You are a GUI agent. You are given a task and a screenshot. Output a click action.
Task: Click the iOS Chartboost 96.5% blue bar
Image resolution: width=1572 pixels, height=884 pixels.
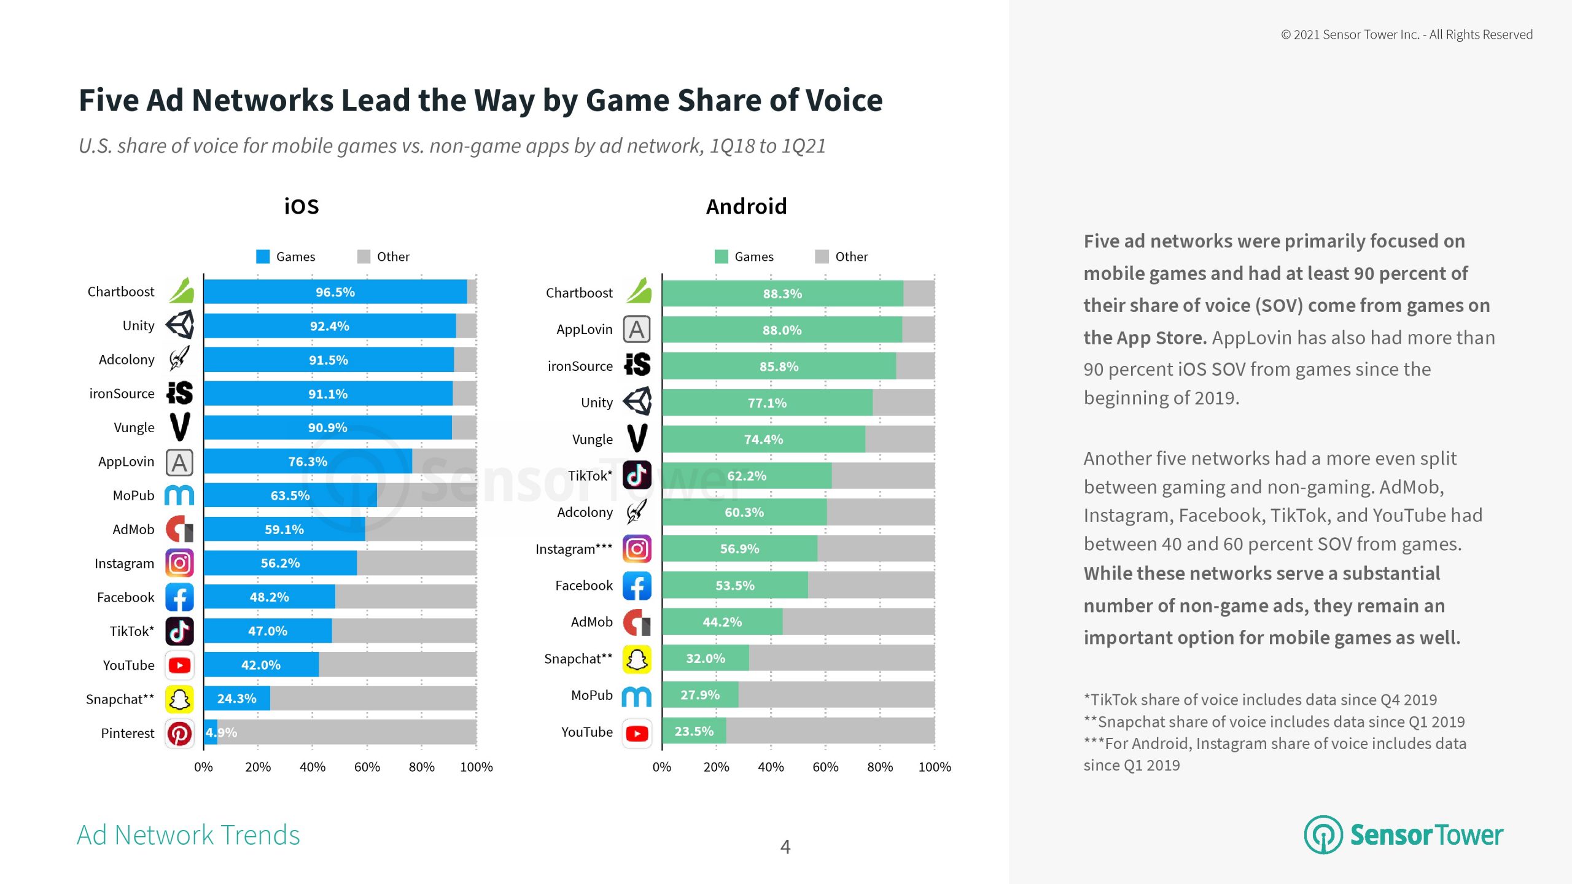(335, 292)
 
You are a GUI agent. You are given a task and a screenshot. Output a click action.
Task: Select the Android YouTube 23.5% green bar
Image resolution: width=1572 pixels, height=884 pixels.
(694, 731)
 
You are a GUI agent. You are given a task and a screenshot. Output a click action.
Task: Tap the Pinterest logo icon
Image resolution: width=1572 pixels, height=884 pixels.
(179, 734)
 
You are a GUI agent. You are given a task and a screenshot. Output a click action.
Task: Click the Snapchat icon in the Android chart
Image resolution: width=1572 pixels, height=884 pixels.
(637, 659)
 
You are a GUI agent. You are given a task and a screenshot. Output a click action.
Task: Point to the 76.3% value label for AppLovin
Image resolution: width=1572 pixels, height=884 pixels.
(308, 462)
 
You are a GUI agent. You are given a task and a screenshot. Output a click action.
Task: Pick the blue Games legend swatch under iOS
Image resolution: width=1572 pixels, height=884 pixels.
(263, 257)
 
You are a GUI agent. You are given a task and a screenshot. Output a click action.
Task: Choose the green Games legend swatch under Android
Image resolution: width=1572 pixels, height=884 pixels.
(722, 257)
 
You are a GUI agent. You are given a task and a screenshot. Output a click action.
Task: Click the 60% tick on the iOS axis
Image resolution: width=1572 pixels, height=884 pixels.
(367, 767)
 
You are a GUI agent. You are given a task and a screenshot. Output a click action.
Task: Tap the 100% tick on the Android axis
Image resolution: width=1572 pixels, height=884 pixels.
(934, 767)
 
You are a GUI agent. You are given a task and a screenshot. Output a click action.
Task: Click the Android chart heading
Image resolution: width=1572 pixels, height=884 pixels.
(746, 207)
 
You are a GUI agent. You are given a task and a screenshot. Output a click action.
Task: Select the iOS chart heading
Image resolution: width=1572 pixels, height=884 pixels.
(302, 207)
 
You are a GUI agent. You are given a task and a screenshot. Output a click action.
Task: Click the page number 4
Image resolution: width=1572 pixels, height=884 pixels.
(785, 847)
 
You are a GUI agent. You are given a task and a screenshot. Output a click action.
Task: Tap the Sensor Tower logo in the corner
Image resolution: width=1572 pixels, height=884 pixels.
(1403, 835)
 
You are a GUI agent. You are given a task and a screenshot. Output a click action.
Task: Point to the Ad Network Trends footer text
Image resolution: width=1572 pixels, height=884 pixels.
(189, 835)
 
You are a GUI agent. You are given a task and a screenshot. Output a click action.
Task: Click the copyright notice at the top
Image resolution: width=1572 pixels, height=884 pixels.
(1406, 34)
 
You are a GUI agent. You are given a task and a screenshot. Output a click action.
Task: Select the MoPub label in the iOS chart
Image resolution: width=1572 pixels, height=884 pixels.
(133, 495)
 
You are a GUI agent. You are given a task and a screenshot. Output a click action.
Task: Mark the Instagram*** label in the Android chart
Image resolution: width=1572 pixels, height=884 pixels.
(574, 549)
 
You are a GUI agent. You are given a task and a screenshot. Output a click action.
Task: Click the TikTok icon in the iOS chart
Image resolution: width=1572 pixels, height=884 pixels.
(179, 631)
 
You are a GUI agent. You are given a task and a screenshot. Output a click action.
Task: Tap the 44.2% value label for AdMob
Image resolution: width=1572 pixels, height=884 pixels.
(722, 622)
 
